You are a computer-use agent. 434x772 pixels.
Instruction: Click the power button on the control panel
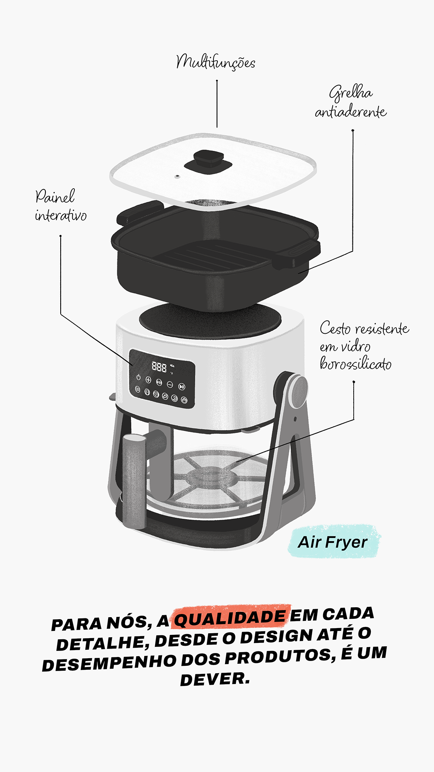(x=139, y=378)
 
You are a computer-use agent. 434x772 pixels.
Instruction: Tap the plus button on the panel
(x=148, y=380)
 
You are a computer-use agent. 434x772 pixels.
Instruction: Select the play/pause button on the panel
(x=182, y=387)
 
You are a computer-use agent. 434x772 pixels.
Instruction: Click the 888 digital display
(x=159, y=366)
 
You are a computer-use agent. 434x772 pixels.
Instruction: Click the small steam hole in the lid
(x=177, y=176)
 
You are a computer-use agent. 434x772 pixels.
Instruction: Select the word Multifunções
(x=216, y=62)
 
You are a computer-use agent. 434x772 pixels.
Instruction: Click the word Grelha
(x=351, y=93)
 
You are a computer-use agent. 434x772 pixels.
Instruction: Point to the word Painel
(x=55, y=196)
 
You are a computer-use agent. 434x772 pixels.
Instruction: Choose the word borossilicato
(x=356, y=363)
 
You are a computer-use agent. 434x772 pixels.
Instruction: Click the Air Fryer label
(x=333, y=542)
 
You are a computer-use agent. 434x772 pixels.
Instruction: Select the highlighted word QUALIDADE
(x=230, y=617)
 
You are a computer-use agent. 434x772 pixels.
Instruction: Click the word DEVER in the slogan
(x=215, y=679)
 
